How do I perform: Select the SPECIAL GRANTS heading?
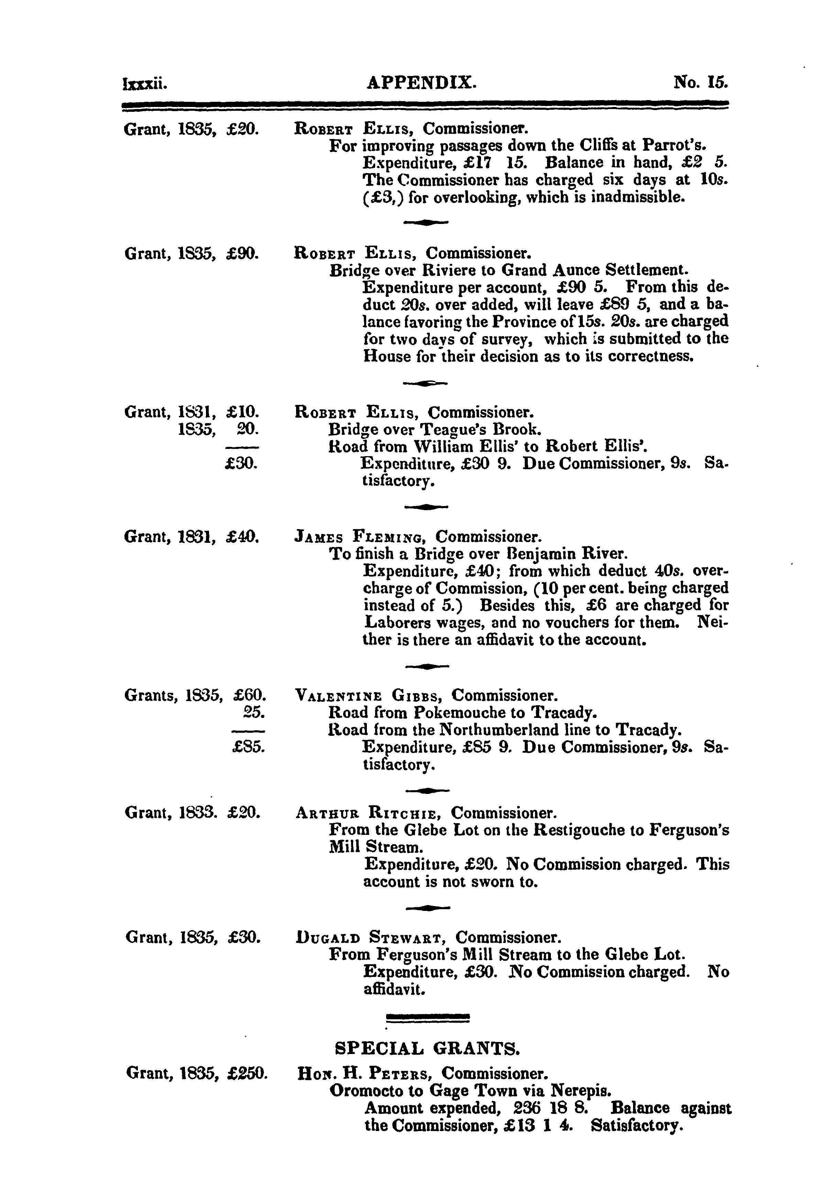point(427,1048)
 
